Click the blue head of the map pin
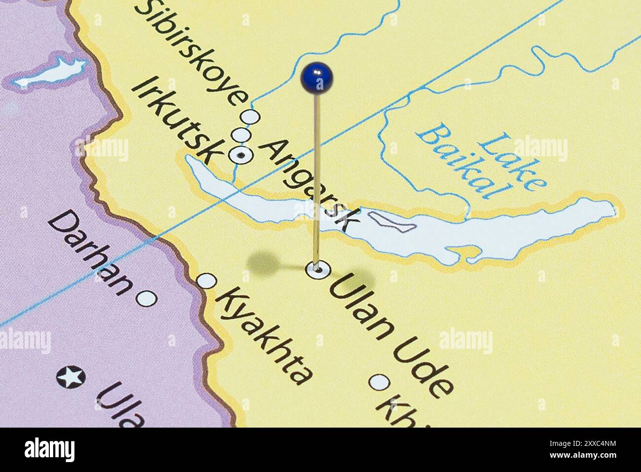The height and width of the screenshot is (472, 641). (x=316, y=77)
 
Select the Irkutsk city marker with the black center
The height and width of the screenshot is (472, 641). (x=241, y=155)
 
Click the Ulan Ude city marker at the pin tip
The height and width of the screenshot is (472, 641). (x=317, y=270)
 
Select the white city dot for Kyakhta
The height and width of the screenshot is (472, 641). (x=207, y=281)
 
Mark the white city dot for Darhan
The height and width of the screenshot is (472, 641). (x=146, y=298)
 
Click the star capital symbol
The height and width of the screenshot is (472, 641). (x=71, y=377)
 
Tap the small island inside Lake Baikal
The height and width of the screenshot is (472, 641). (x=392, y=222)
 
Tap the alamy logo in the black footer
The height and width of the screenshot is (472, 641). (x=49, y=449)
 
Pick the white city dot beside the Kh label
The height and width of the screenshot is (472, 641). (x=379, y=382)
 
